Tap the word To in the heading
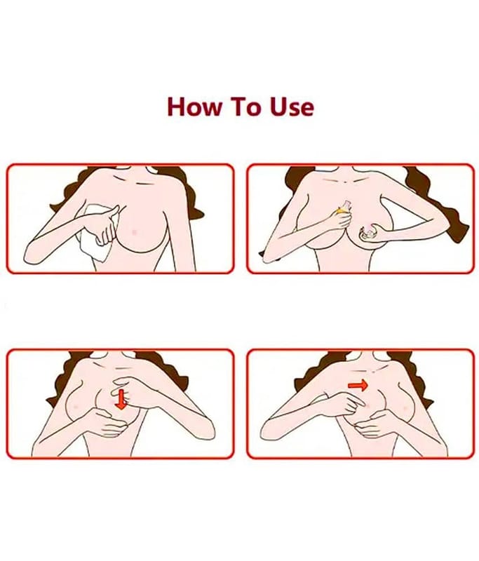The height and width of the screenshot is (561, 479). coord(245,107)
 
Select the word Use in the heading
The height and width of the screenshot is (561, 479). coord(292,107)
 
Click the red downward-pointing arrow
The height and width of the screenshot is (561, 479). coord(121,399)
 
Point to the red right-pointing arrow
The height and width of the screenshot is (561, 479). coord(358,385)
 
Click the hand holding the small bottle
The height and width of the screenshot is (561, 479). coord(338,220)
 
